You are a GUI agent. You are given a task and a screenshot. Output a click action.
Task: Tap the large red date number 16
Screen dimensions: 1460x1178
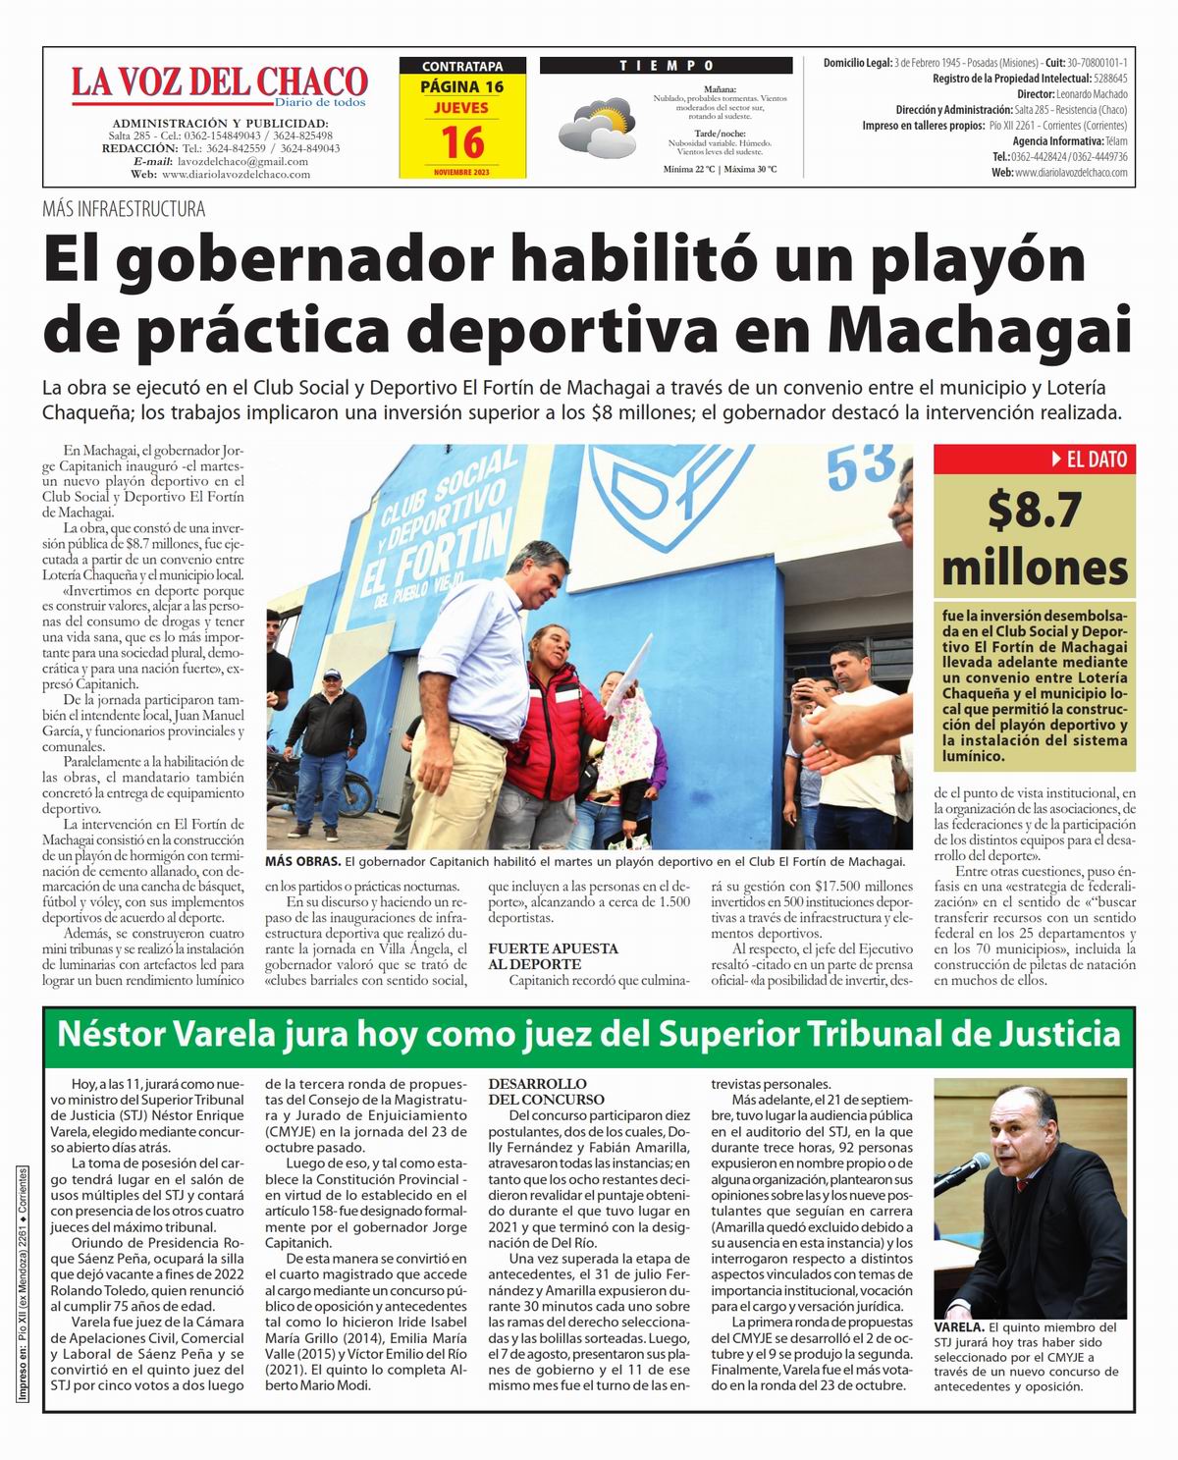(461, 142)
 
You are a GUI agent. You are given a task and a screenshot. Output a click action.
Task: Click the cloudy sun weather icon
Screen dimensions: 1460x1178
(596, 123)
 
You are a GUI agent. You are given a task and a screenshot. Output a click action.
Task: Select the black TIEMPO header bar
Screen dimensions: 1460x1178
(666, 66)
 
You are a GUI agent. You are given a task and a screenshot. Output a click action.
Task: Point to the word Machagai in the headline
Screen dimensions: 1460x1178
(979, 330)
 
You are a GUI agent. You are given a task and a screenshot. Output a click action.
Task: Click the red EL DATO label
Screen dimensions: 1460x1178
(1035, 459)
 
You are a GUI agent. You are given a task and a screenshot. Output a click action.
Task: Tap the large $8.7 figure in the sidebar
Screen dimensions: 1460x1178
(1035, 510)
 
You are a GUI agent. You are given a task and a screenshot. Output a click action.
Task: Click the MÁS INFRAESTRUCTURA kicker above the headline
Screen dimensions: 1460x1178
(124, 209)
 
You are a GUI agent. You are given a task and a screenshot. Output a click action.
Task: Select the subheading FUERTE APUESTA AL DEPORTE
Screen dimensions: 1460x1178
(554, 956)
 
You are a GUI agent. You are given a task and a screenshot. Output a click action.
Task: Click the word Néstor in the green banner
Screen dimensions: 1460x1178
(111, 1033)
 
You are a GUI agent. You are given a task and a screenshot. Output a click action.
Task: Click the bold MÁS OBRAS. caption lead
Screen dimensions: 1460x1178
(302, 861)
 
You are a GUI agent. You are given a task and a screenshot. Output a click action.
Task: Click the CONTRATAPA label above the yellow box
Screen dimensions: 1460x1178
(461, 67)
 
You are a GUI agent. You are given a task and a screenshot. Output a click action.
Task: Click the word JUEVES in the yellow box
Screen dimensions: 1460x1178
(461, 107)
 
